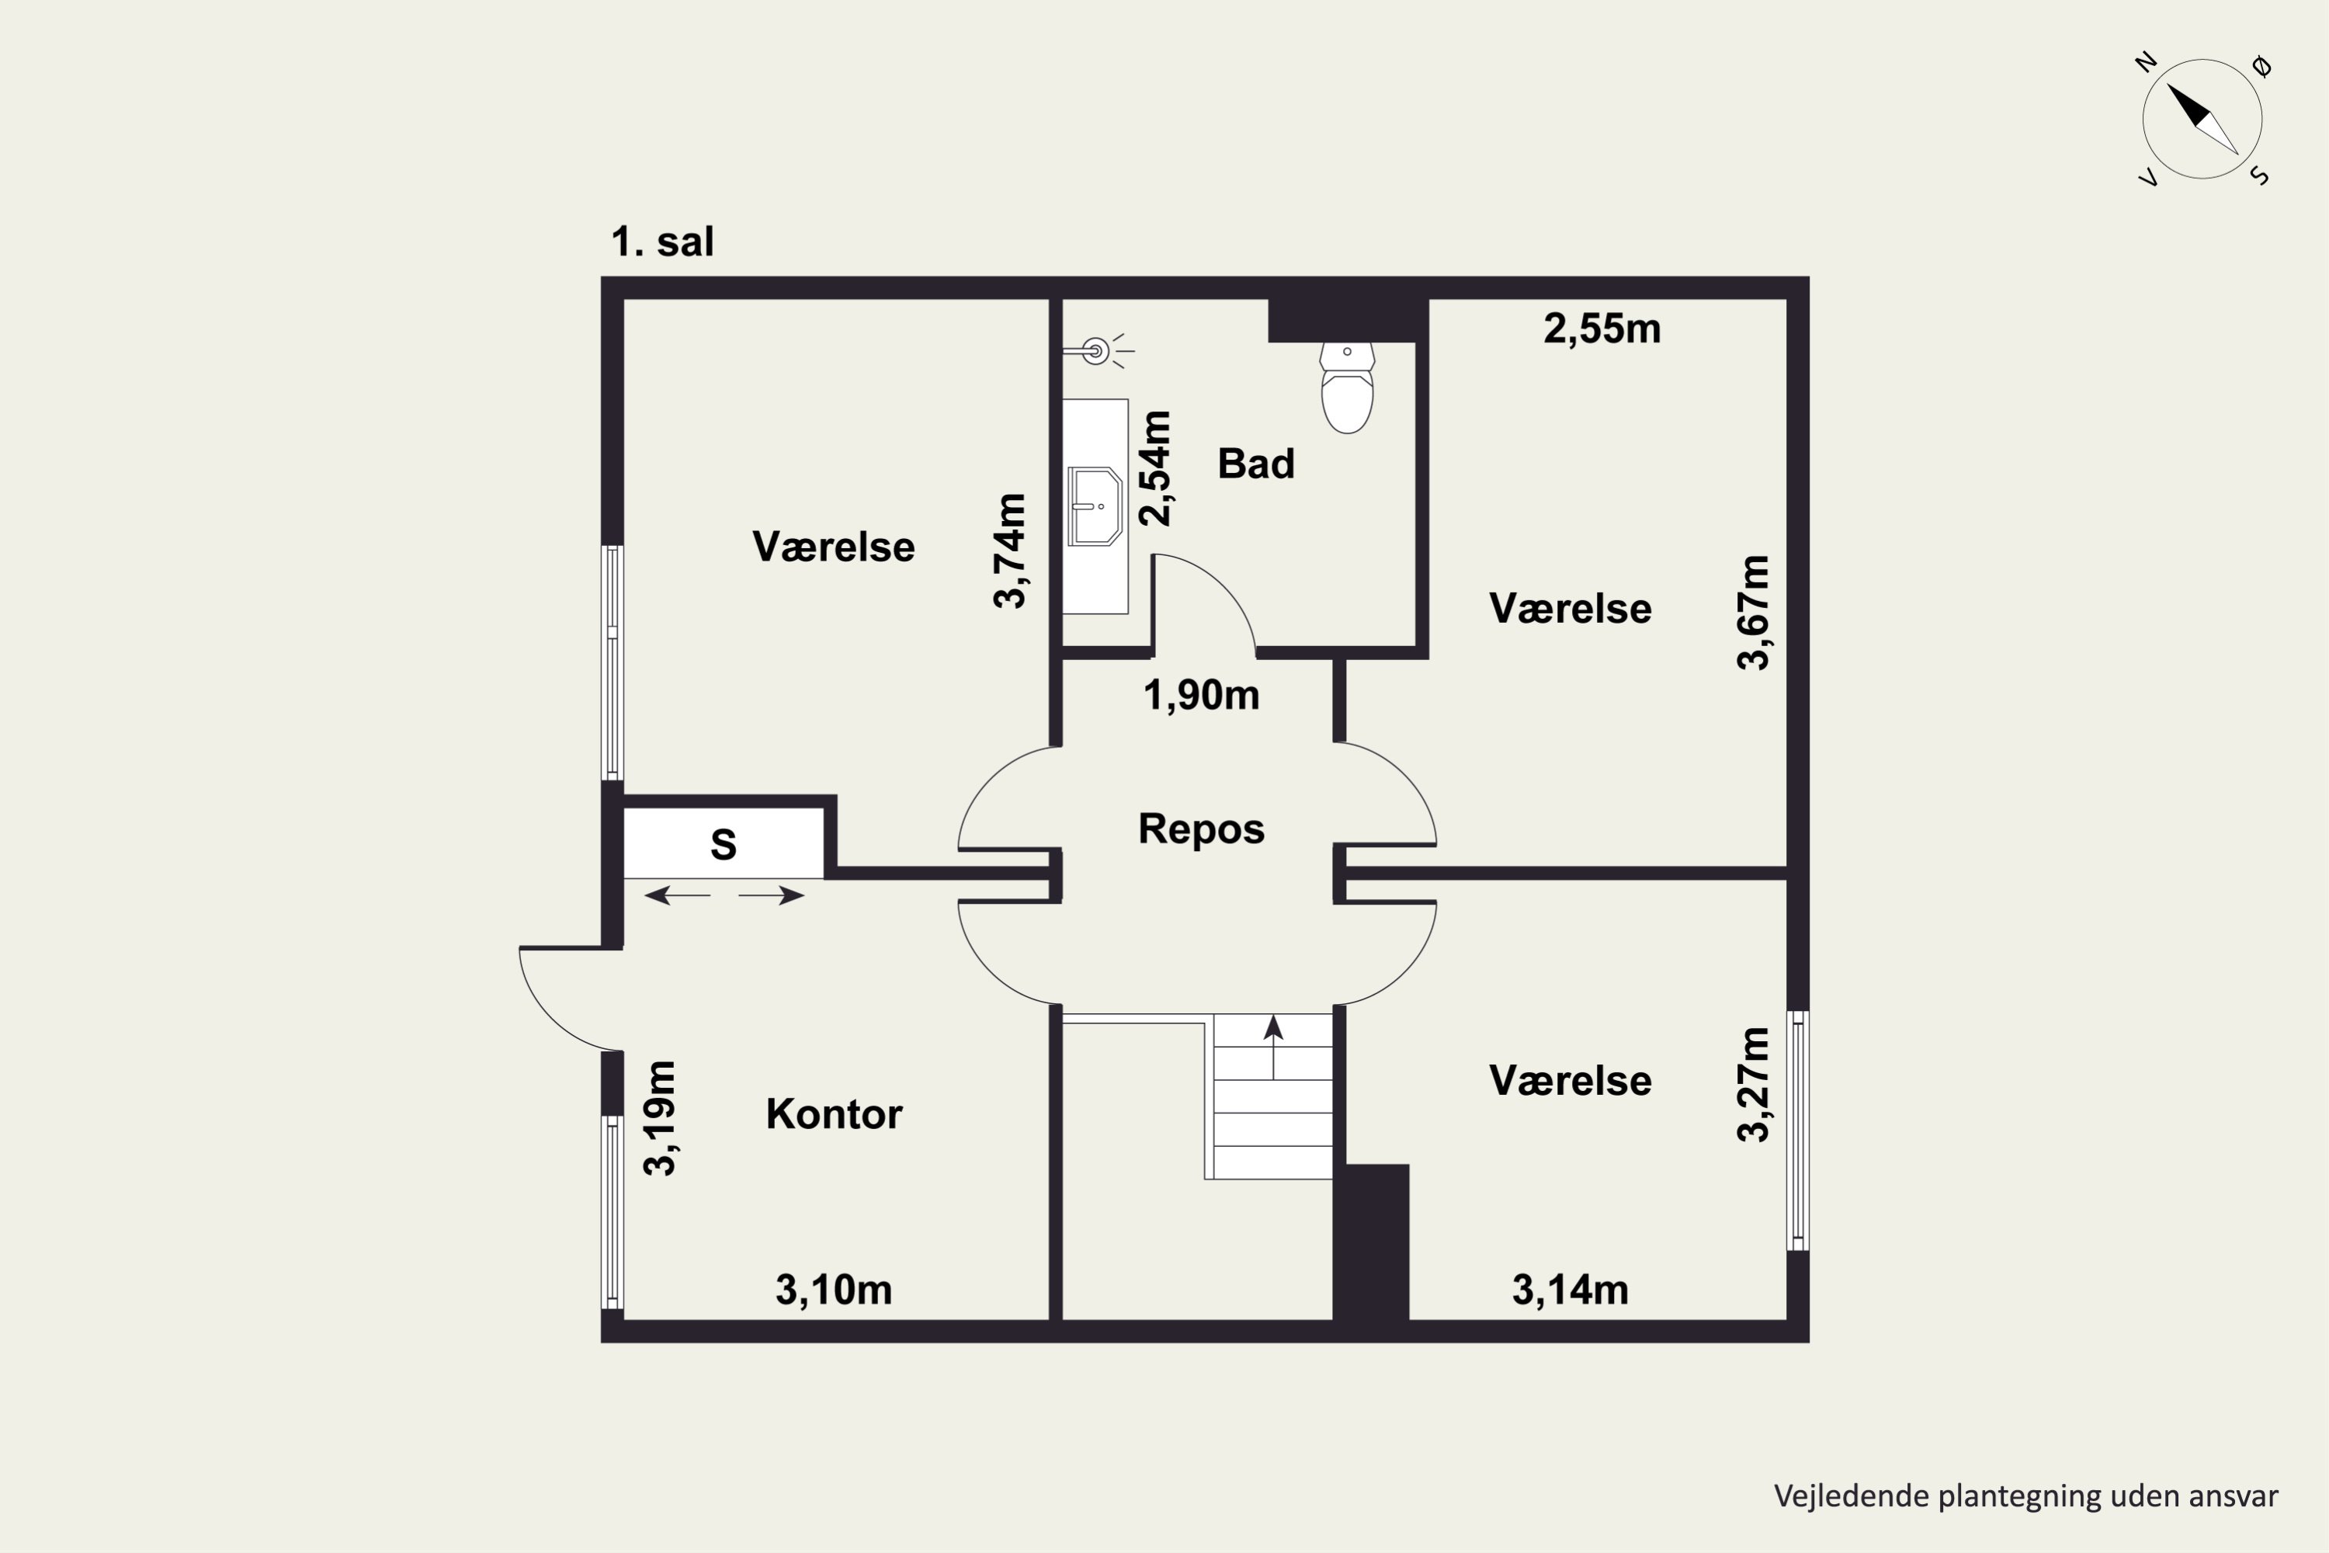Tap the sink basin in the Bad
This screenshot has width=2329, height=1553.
pyautogui.click(x=1094, y=506)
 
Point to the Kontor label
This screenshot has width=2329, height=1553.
pyautogui.click(x=834, y=1114)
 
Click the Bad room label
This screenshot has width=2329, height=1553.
pyautogui.click(x=1255, y=464)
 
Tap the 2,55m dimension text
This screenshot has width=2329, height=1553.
pyautogui.click(x=1602, y=328)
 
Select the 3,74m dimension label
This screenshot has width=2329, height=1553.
pyautogui.click(x=1010, y=551)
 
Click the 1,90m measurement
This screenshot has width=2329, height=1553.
pyautogui.click(x=1201, y=695)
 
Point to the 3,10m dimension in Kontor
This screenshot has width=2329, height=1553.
pyautogui.click(x=834, y=1290)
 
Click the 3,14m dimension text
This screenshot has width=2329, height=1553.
pyautogui.click(x=1571, y=1290)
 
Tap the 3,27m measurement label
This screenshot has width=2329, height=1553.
pyautogui.click(x=1753, y=1085)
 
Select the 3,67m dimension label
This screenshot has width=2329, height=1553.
pyautogui.click(x=1753, y=613)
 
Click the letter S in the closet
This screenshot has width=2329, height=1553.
pyautogui.click(x=724, y=845)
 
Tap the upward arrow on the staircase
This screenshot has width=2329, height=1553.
pyautogui.click(x=1273, y=1046)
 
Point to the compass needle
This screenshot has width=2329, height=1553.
pyautogui.click(x=2202, y=119)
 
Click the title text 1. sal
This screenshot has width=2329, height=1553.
pyautogui.click(x=662, y=241)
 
